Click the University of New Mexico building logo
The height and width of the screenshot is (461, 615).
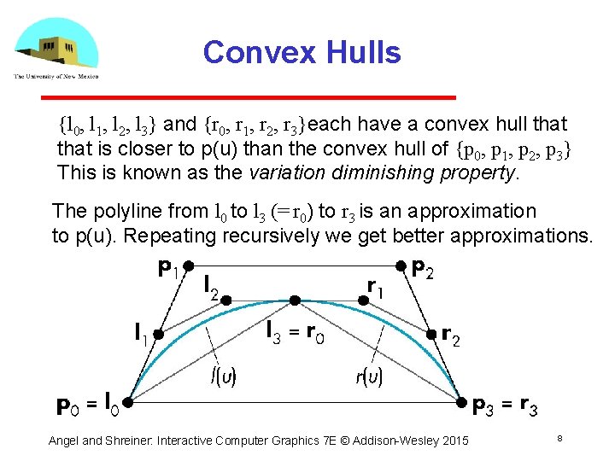(55, 47)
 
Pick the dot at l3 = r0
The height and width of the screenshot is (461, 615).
(294, 300)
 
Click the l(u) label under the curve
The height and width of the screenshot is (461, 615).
(224, 376)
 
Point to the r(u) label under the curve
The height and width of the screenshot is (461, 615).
(368, 376)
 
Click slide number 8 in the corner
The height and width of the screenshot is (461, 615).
(559, 439)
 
